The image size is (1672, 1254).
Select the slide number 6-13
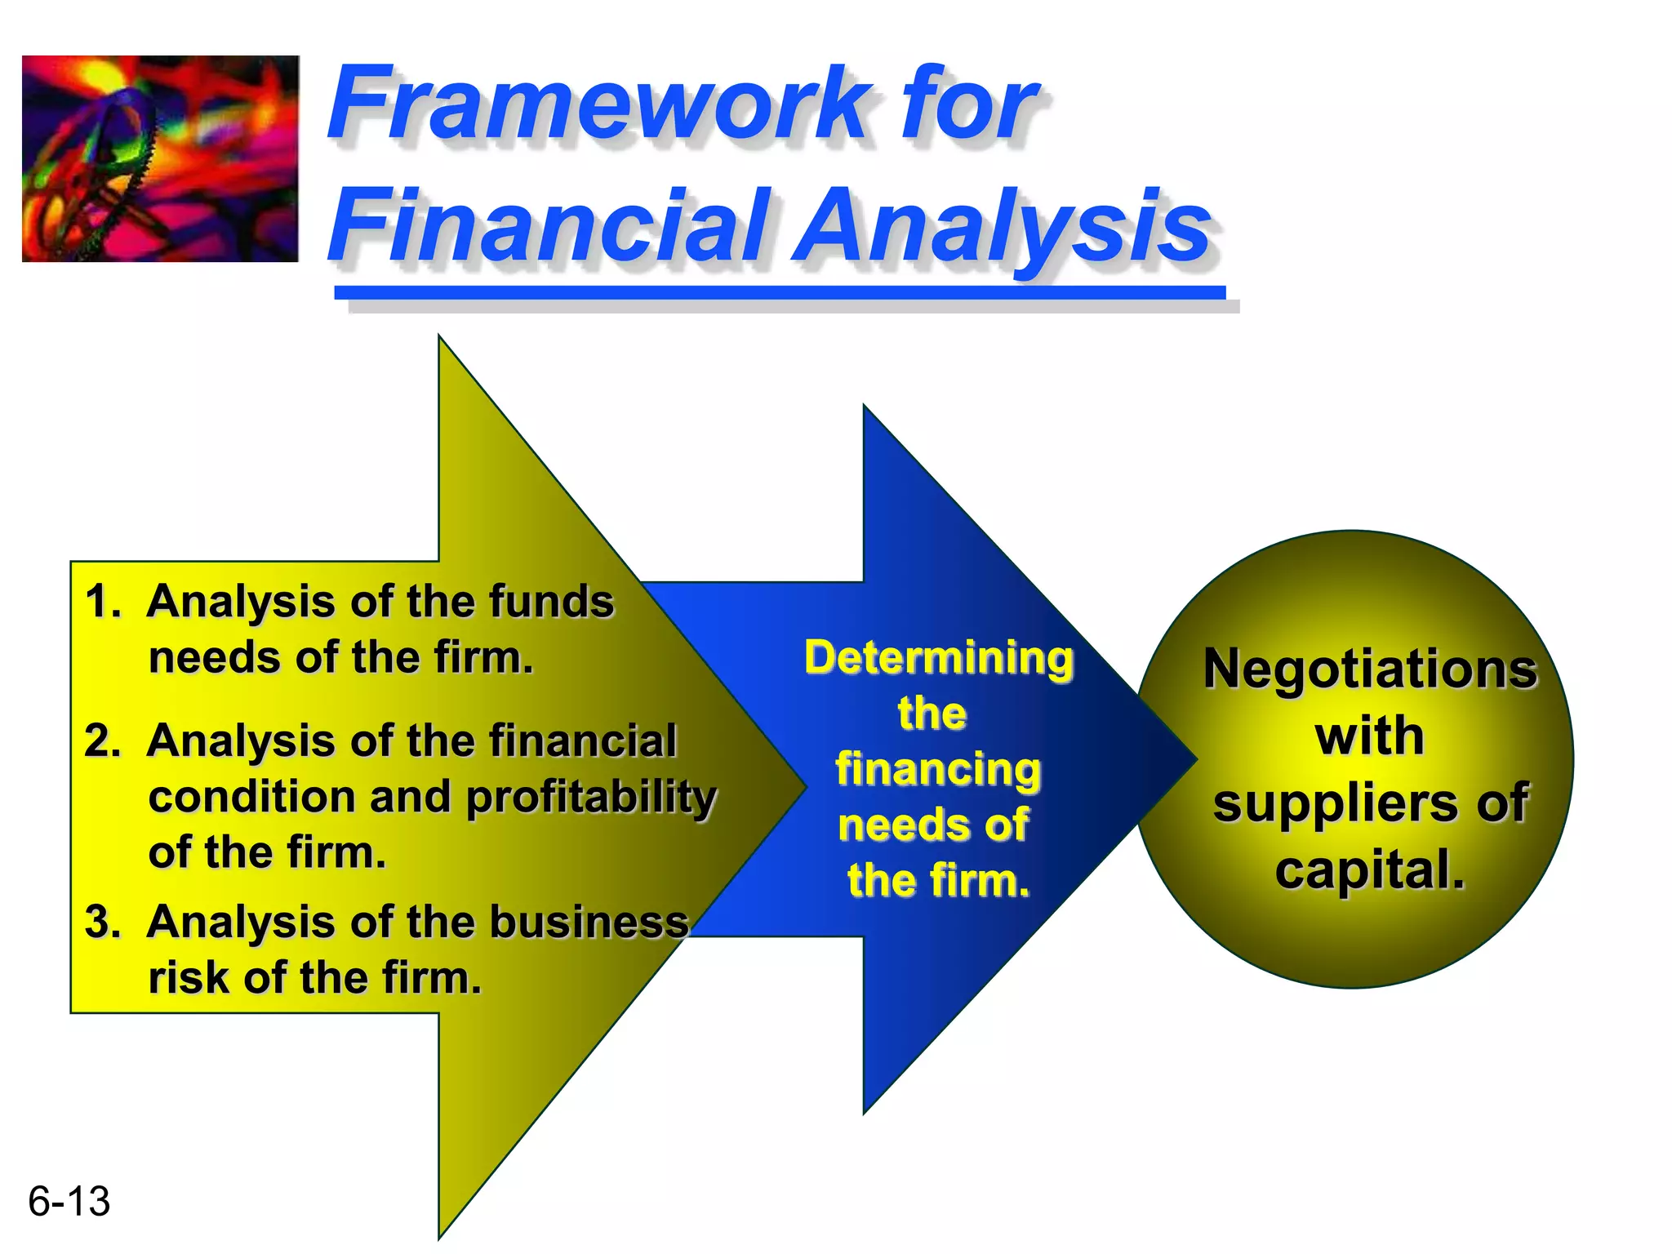(x=69, y=1201)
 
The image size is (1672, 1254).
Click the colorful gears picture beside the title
(x=160, y=158)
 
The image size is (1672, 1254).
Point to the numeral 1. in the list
(x=103, y=602)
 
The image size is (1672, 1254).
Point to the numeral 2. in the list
(x=103, y=741)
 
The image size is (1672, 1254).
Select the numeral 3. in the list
(x=103, y=922)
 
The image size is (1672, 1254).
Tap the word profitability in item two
(x=591, y=798)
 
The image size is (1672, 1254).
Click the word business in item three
(x=589, y=922)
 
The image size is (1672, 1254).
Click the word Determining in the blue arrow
(x=938, y=658)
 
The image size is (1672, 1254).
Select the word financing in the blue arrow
(x=938, y=770)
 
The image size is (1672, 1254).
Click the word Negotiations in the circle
(x=1370, y=669)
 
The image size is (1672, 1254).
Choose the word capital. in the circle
(x=1370, y=869)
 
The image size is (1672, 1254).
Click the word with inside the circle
(x=1369, y=736)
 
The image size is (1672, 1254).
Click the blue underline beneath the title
(x=780, y=292)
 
